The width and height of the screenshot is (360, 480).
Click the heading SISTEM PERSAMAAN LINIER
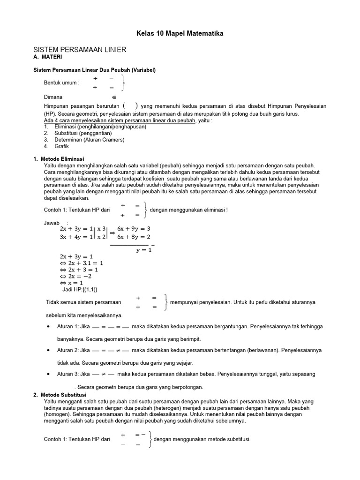(80, 50)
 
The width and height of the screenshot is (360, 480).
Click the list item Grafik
(62, 146)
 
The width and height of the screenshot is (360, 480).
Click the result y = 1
(144, 250)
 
